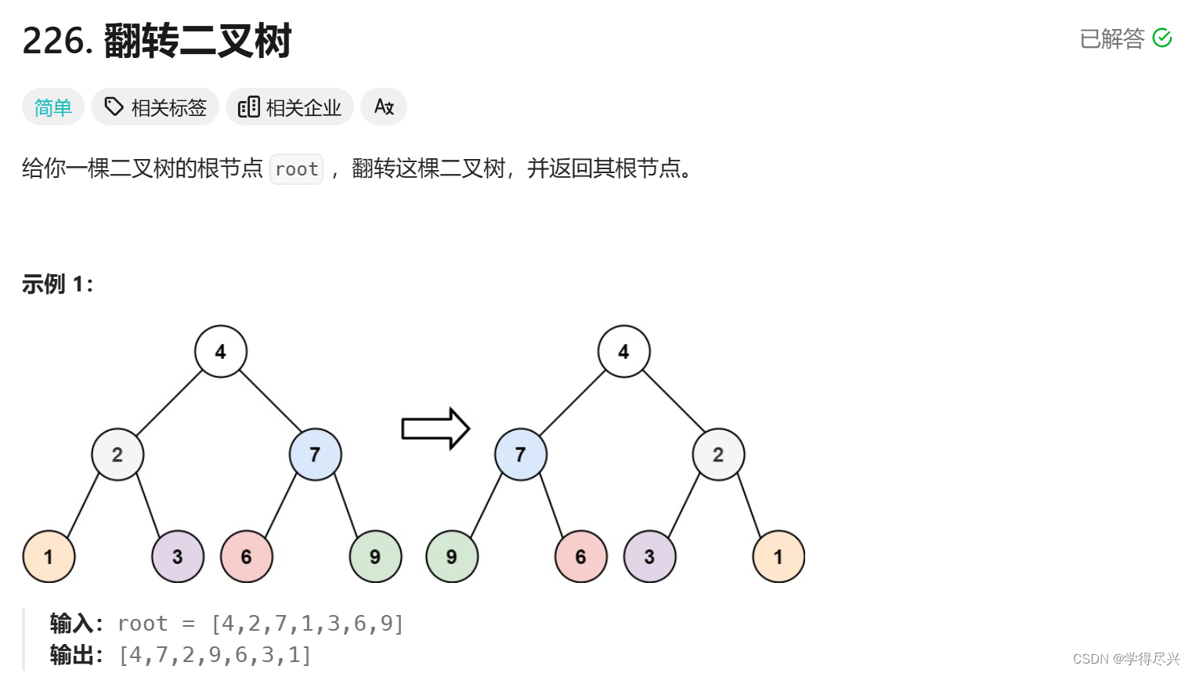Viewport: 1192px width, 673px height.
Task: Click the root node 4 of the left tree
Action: [221, 352]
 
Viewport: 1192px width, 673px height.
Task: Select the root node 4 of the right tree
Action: [623, 352]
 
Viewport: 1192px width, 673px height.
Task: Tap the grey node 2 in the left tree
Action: [117, 454]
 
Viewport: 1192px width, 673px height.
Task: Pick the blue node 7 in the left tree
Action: [315, 454]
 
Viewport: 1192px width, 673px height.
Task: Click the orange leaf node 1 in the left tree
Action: [49, 556]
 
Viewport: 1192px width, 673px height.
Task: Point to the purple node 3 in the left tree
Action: [178, 556]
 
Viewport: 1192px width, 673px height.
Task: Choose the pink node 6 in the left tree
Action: [247, 556]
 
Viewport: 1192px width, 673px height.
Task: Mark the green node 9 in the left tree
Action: [375, 556]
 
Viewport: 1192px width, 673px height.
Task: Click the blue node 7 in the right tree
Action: [521, 454]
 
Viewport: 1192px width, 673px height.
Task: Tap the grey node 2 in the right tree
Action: [718, 454]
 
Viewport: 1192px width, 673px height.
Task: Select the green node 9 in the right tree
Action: [452, 556]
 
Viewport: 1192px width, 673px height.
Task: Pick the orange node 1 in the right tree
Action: [778, 556]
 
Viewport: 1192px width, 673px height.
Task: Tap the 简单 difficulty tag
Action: [53, 107]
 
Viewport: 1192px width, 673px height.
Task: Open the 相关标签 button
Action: [155, 107]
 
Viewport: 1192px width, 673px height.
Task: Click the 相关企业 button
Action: [290, 107]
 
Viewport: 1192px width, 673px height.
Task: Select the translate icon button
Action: [384, 107]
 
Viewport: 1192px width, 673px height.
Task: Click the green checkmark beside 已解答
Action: [1162, 38]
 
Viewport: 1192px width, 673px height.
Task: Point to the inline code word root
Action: [296, 169]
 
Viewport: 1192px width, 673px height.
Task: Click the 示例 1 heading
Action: [57, 284]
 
